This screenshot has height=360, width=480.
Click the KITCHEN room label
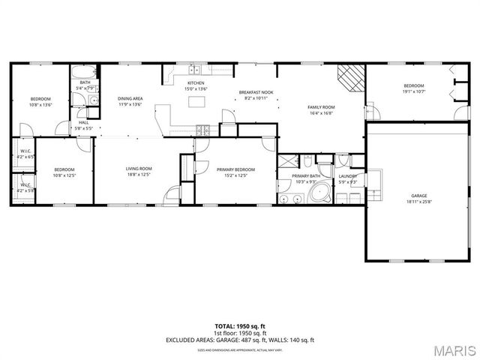[x=196, y=83]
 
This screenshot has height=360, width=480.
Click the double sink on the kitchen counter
[x=194, y=70]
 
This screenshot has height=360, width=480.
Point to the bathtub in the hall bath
[x=81, y=73]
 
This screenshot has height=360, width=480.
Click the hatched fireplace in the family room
[x=349, y=76]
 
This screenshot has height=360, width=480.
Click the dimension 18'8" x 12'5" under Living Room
[x=139, y=174]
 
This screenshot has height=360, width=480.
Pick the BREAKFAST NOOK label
[x=254, y=92]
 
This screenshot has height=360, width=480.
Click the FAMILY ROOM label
[x=321, y=107]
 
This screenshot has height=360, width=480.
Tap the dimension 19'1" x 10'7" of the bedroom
[x=413, y=91]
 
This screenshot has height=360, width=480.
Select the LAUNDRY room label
[x=346, y=175]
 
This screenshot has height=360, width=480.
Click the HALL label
[x=83, y=122]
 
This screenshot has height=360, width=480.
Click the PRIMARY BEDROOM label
[x=231, y=169]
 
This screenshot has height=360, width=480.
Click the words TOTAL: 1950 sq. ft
[x=240, y=328]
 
